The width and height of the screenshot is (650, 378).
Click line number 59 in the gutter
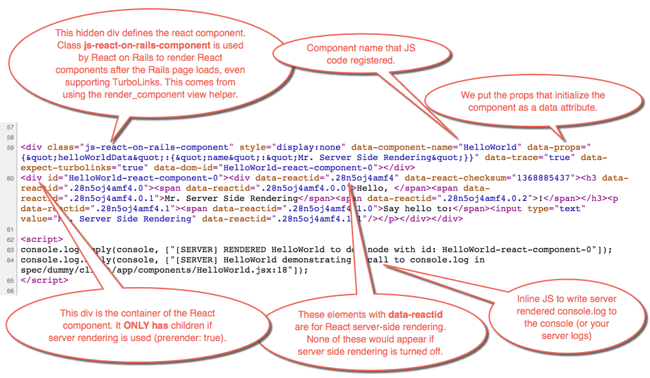click(10, 147)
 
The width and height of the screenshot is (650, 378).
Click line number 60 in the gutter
click(10, 178)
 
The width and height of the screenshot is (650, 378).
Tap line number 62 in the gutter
click(10, 239)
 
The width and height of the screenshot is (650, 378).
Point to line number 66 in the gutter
click(10, 291)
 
